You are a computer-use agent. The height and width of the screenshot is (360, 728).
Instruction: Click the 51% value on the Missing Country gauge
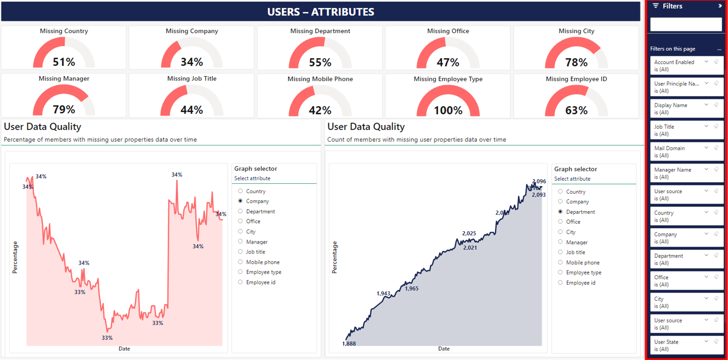pyautogui.click(x=64, y=62)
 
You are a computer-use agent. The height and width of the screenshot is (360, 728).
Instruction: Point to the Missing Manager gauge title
pyautogui.click(x=64, y=79)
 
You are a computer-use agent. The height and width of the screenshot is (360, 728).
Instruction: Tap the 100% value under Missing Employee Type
pyautogui.click(x=448, y=110)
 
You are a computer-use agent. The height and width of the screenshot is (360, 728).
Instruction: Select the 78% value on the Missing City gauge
pyautogui.click(x=576, y=62)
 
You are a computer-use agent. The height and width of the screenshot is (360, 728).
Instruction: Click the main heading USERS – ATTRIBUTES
pyautogui.click(x=320, y=12)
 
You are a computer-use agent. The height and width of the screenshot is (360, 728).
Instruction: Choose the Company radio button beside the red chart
pyautogui.click(x=241, y=201)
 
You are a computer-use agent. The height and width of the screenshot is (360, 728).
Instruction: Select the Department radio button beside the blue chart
pyautogui.click(x=561, y=212)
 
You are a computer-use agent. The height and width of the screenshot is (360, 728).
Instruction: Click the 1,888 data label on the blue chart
pyautogui.click(x=349, y=344)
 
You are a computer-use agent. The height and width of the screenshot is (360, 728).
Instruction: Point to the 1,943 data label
pyautogui.click(x=383, y=294)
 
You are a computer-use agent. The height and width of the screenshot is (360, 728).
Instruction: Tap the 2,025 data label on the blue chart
pyautogui.click(x=469, y=233)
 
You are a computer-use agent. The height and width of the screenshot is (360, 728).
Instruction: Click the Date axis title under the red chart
pyautogui.click(x=124, y=349)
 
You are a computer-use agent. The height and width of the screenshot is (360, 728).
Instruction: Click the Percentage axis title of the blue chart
pyautogui.click(x=335, y=257)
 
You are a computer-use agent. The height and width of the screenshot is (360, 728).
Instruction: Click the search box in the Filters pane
pyautogui.click(x=686, y=24)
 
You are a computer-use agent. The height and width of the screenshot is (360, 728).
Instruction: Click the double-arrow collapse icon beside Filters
pyautogui.click(x=720, y=6)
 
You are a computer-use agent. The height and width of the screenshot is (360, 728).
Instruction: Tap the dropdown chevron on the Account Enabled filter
pyautogui.click(x=706, y=62)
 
